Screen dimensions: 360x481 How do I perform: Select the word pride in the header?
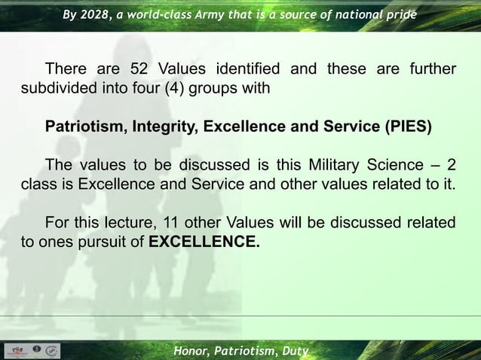pos(399,14)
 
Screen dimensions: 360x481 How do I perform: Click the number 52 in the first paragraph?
pos(140,70)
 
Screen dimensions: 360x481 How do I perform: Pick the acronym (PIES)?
pos(407,127)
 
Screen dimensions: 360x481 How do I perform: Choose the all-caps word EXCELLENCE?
pos(204,242)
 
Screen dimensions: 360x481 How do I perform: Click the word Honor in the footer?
pos(191,351)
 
